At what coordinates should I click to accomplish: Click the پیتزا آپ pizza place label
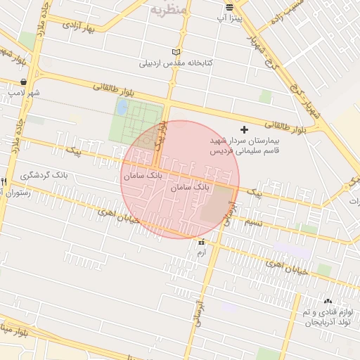(x=230, y=16)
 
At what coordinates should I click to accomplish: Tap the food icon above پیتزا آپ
(x=230, y=6)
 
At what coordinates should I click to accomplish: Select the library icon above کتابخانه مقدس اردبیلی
(x=176, y=52)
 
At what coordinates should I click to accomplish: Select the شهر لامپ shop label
(x=25, y=92)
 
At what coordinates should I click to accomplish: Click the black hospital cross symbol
(x=245, y=129)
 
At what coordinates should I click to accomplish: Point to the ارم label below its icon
(x=202, y=252)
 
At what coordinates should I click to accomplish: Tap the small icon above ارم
(x=202, y=242)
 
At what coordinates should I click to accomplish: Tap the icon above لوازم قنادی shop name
(x=328, y=301)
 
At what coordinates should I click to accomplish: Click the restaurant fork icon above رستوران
(x=4, y=181)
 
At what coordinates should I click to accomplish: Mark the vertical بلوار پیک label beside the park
(x=161, y=133)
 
